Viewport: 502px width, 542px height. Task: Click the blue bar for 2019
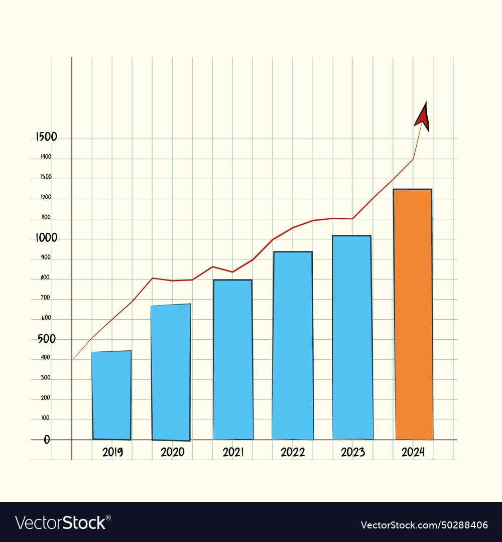[x=111, y=395]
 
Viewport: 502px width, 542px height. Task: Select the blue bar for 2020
[x=171, y=372]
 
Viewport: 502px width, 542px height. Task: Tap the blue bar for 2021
[x=233, y=359]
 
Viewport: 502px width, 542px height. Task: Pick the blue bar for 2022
[x=293, y=345]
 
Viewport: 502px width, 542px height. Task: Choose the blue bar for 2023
[x=352, y=337]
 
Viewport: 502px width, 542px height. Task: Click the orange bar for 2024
[x=413, y=314]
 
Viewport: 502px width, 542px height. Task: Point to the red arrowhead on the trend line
[x=423, y=117]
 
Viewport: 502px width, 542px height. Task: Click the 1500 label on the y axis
[x=46, y=137]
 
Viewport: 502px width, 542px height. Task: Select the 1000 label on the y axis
[x=46, y=238]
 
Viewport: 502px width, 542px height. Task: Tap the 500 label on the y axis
[x=47, y=339]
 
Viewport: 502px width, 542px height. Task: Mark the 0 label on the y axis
[x=47, y=440]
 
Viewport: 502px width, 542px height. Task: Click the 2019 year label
[x=112, y=452]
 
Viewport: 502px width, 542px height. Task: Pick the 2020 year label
[x=172, y=452]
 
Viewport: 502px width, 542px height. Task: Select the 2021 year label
[x=233, y=452]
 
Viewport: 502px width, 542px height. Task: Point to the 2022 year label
[x=293, y=452]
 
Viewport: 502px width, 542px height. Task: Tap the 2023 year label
[x=353, y=452]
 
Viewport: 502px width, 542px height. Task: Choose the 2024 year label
[x=413, y=452]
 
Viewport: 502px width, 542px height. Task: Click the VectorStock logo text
[x=63, y=522]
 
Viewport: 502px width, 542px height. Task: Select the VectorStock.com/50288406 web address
[x=424, y=525]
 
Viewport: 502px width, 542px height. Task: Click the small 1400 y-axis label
[x=46, y=157]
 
